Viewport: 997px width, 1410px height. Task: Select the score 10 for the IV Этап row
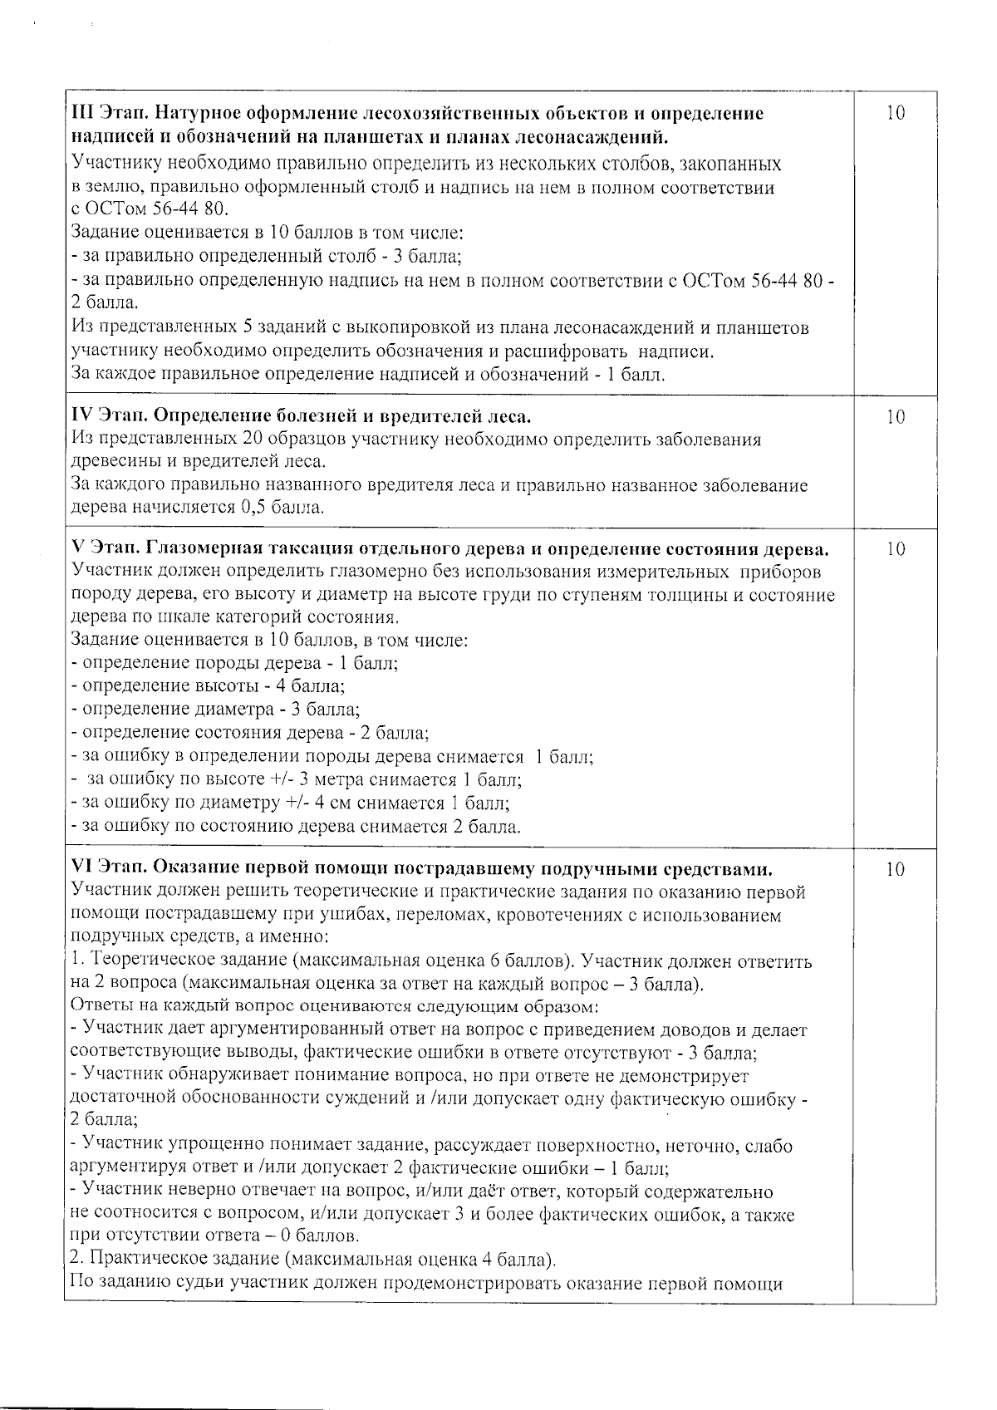pyautogui.click(x=895, y=417)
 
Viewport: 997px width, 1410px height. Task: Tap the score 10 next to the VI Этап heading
pyautogui.click(x=895, y=870)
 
